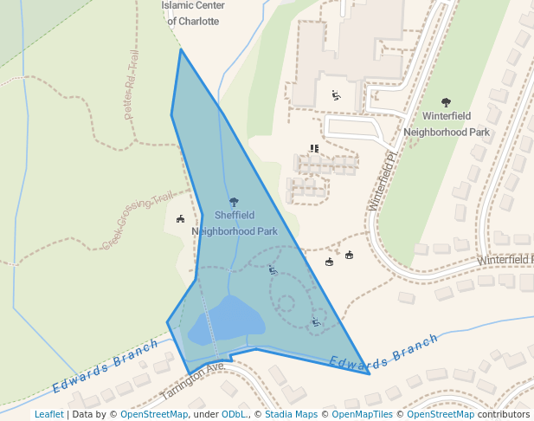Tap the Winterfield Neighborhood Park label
447,124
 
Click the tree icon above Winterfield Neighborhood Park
446,102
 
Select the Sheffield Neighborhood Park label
235,223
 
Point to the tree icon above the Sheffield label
235,201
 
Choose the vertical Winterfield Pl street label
381,182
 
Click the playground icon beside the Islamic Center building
336,95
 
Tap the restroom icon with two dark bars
314,148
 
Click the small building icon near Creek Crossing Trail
180,219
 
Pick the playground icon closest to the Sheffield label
273,270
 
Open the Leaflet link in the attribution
48,414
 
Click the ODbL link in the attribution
234,414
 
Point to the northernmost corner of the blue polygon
180,49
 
